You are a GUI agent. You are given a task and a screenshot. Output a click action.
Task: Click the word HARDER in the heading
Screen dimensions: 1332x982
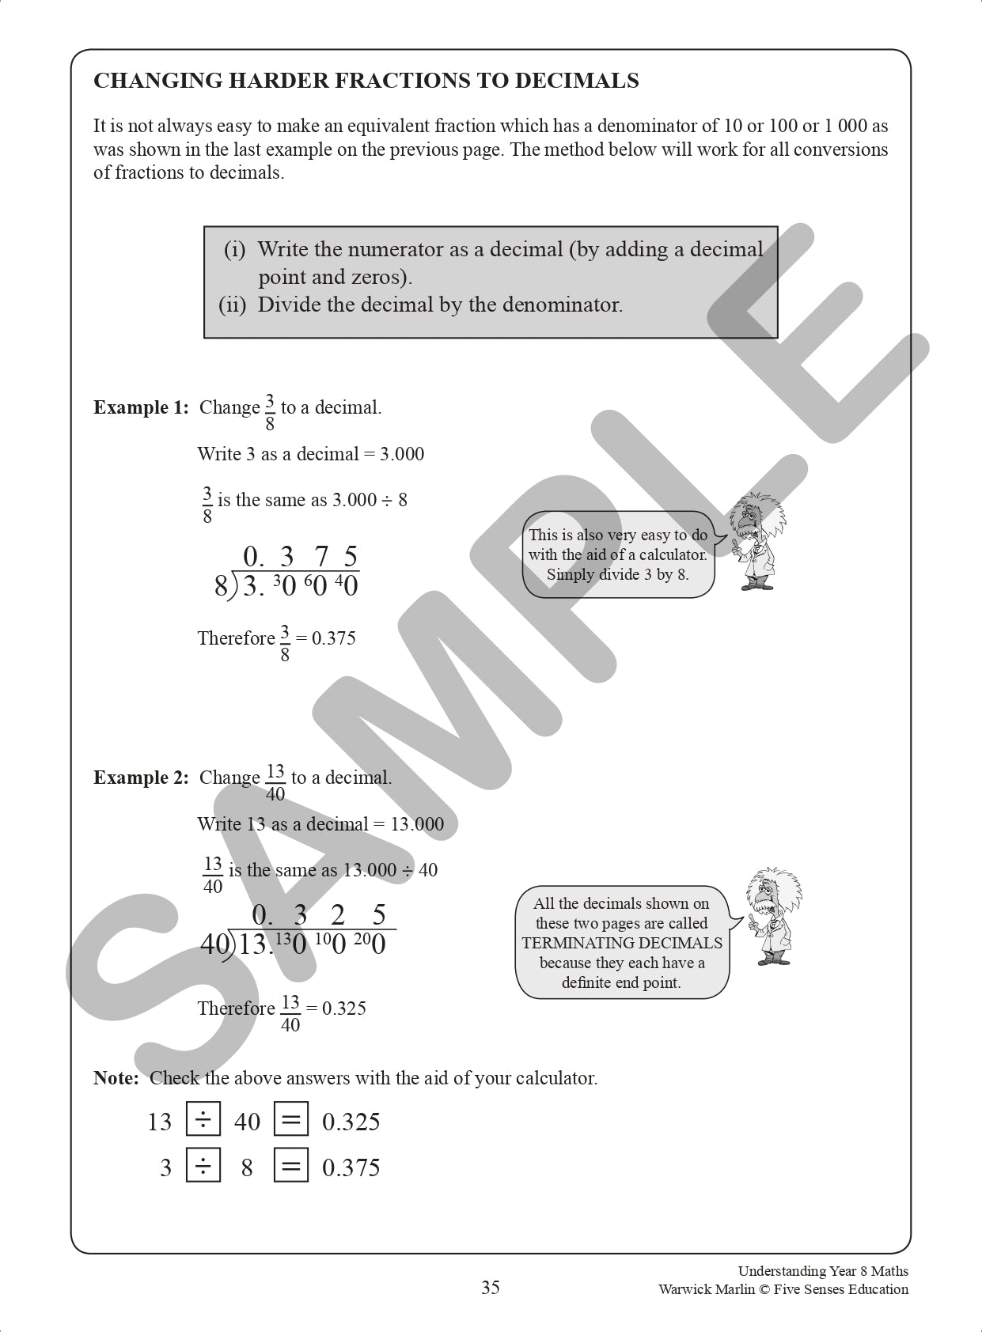click(x=280, y=81)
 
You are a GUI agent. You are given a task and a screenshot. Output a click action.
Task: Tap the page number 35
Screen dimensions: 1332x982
click(x=491, y=1288)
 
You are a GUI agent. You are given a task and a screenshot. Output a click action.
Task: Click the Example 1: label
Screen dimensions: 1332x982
click(x=141, y=407)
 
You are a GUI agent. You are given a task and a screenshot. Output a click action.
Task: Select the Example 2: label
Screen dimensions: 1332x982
click(x=141, y=778)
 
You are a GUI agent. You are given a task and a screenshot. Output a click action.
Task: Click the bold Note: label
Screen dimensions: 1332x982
click(x=116, y=1078)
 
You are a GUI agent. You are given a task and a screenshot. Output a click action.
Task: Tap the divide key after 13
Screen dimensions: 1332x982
click(x=203, y=1120)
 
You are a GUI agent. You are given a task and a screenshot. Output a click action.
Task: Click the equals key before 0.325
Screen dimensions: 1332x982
click(x=290, y=1120)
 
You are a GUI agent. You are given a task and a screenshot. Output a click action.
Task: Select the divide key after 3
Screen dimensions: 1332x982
click(x=203, y=1166)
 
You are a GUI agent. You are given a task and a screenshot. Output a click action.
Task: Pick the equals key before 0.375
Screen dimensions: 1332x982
click(x=290, y=1166)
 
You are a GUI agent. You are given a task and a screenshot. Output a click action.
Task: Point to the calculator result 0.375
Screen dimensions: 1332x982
click(x=351, y=1167)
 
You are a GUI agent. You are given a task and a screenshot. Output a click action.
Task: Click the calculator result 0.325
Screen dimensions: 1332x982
click(x=351, y=1122)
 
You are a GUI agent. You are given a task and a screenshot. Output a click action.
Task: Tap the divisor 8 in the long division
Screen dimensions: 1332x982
click(x=221, y=587)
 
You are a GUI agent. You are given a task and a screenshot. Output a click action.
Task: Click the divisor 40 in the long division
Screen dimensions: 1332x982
click(x=214, y=944)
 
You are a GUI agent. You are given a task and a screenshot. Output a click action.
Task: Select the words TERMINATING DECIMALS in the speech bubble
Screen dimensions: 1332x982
click(x=622, y=943)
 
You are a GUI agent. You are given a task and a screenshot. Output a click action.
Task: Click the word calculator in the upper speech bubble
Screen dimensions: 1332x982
click(x=673, y=554)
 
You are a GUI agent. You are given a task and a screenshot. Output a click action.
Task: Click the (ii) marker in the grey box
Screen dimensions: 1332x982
click(x=232, y=305)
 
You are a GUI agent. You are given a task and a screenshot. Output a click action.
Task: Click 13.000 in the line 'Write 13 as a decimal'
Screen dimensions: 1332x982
click(x=417, y=824)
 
